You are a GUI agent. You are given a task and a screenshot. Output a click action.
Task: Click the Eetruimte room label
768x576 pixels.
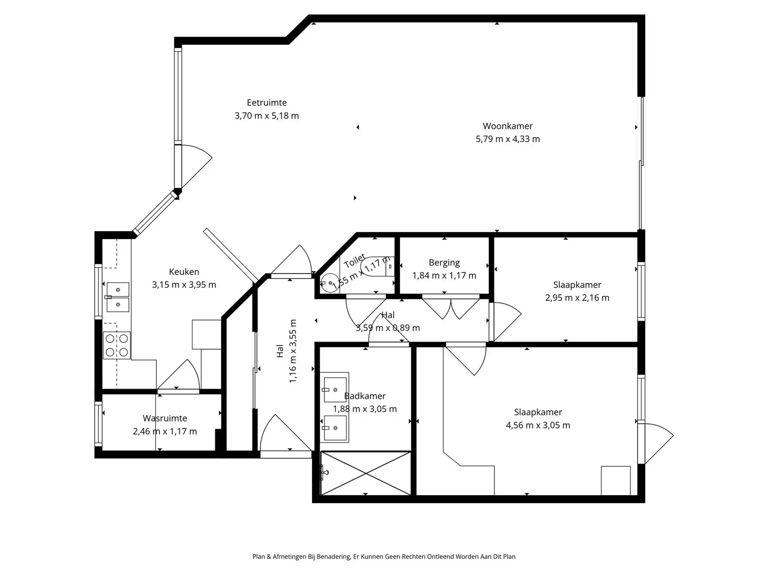[266, 103]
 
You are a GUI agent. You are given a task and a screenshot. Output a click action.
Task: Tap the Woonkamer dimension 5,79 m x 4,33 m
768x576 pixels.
[507, 139]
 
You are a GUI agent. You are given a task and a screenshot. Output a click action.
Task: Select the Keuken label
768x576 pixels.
[184, 271]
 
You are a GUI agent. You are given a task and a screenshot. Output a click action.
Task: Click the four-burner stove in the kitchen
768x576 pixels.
[117, 345]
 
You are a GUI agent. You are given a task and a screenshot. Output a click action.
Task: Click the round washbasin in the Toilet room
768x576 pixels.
[329, 283]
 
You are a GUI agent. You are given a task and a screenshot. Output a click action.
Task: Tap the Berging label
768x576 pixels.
[444, 263]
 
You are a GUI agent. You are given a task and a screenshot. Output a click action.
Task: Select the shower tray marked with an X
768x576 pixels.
[366, 473]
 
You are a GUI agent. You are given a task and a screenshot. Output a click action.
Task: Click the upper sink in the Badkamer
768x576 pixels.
[335, 390]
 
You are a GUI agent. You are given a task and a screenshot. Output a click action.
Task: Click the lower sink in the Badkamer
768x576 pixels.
[335, 428]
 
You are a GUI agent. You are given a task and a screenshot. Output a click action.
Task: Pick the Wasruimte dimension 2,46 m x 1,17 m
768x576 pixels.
[165, 431]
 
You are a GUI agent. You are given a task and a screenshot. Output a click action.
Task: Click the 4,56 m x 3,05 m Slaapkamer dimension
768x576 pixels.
[538, 425]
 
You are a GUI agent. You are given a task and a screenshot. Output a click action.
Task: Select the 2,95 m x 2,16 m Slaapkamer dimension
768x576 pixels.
[577, 298]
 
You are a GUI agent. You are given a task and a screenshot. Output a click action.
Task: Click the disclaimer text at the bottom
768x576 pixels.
[384, 556]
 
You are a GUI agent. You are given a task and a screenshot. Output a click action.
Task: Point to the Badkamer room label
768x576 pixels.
[365, 396]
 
